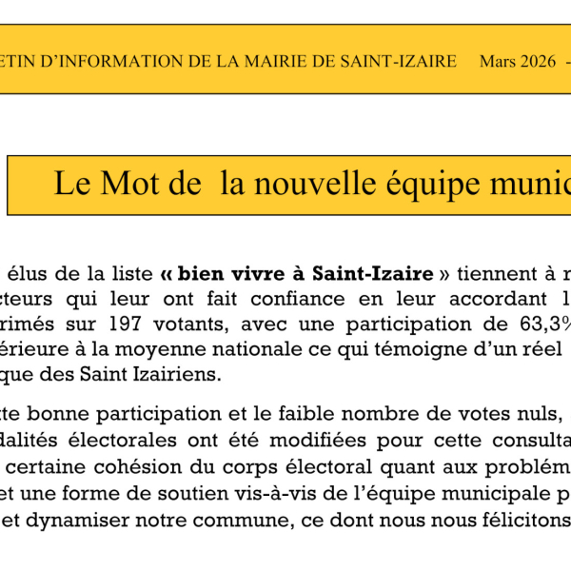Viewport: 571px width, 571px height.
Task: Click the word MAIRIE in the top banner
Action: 261,61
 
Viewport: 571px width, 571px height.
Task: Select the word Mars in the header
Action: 498,61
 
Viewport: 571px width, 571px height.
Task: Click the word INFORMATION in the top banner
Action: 106,61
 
